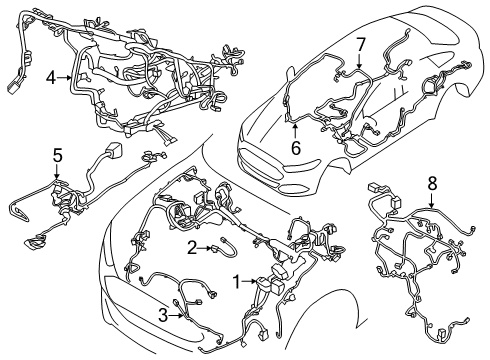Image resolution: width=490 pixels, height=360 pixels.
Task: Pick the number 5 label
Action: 57,155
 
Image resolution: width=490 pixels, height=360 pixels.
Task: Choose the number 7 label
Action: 361,44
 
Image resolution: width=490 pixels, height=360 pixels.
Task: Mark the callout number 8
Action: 432,210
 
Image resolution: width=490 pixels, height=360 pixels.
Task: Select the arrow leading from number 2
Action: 206,248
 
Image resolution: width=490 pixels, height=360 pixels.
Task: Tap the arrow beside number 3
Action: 177,316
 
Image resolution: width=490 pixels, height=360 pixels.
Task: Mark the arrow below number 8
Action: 432,227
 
